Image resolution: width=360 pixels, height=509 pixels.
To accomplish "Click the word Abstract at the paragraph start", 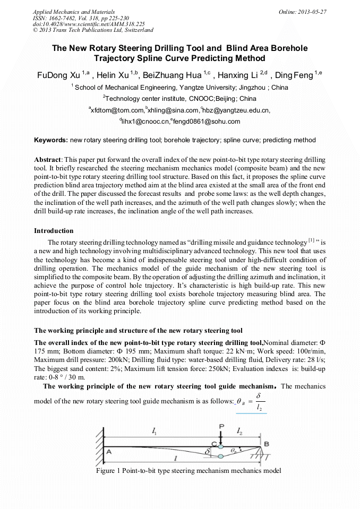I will click(x=48, y=160).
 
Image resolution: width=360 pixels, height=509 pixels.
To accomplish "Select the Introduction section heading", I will click(x=54, y=231).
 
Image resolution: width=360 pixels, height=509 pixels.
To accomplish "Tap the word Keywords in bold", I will click(x=50, y=141).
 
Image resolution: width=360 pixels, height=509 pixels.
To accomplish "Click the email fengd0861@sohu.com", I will click(x=206, y=122).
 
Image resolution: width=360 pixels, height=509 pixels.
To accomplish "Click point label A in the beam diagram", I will click(x=109, y=452).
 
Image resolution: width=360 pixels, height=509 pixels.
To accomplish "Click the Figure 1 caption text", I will click(x=188, y=471).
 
